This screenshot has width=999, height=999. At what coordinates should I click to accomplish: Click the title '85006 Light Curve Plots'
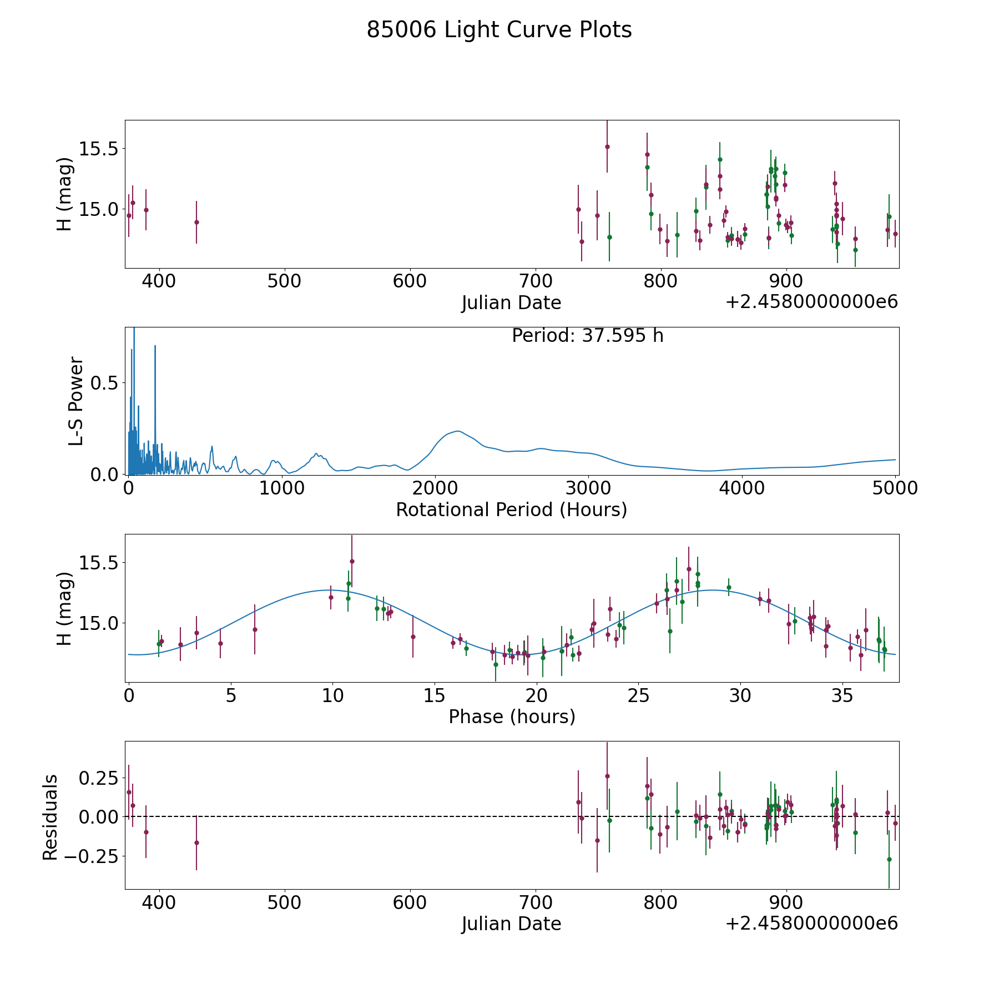pyautogui.click(x=499, y=30)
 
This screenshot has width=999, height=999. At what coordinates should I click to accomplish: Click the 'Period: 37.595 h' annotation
pyautogui.click(x=587, y=336)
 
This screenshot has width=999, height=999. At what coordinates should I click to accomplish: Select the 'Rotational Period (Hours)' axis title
pyautogui.click(x=511, y=509)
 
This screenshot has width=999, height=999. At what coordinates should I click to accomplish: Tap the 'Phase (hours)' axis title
pyautogui.click(x=512, y=717)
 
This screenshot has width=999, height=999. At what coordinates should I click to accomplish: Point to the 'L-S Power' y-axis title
pyautogui.click(x=77, y=401)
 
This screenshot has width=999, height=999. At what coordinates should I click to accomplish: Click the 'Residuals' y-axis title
pyautogui.click(x=51, y=817)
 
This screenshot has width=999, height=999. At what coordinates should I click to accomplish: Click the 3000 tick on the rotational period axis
pyautogui.click(x=588, y=488)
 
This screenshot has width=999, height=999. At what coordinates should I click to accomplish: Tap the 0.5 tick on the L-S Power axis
pyautogui.click(x=106, y=383)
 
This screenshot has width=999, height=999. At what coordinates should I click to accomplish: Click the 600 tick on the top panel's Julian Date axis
pyautogui.click(x=410, y=281)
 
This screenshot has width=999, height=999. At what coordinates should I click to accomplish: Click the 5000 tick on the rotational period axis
pyautogui.click(x=895, y=488)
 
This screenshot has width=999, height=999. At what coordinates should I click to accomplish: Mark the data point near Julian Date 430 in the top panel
pyautogui.click(x=196, y=222)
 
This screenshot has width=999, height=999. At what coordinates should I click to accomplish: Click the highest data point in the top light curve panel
pyautogui.click(x=607, y=147)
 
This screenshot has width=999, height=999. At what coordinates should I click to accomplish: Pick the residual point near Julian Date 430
pyautogui.click(x=196, y=842)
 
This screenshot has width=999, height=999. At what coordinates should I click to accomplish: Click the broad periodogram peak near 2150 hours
pyautogui.click(x=457, y=431)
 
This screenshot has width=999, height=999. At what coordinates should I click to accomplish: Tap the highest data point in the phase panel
pyautogui.click(x=352, y=561)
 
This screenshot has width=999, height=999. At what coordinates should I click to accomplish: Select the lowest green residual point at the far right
pyautogui.click(x=889, y=859)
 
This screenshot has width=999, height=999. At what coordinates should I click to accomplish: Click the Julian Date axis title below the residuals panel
pyautogui.click(x=511, y=924)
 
